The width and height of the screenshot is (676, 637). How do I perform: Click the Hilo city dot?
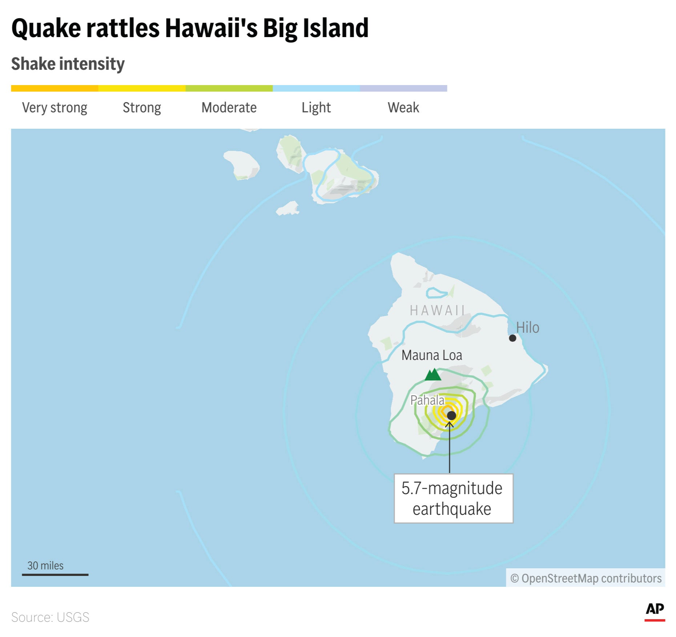(512, 338)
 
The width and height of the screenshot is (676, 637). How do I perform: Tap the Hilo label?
(528, 328)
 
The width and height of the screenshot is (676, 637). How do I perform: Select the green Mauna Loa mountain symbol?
(433, 374)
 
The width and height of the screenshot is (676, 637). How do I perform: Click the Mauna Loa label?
(432, 355)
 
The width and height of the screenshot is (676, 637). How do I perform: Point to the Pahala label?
(427, 400)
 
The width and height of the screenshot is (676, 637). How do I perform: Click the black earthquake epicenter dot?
(451, 415)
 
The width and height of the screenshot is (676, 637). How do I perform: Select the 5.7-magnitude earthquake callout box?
(453, 498)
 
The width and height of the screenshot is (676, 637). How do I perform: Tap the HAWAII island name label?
(437, 311)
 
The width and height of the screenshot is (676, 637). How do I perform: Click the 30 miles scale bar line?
(55, 575)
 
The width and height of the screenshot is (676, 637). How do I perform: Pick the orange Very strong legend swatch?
(55, 88)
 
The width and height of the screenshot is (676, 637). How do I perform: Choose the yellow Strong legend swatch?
(142, 88)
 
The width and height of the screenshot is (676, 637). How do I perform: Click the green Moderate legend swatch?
(229, 88)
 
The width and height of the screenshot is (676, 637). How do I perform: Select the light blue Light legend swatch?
(316, 88)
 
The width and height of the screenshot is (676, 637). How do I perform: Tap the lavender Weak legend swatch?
(403, 88)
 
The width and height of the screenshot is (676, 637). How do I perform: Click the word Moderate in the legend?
(229, 108)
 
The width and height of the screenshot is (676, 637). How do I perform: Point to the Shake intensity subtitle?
(68, 64)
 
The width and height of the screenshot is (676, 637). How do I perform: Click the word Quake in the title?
(46, 28)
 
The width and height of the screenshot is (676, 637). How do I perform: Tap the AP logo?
(655, 610)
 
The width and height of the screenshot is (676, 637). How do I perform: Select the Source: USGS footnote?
(50, 617)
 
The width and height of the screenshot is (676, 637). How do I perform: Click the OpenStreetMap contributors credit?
(586, 578)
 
